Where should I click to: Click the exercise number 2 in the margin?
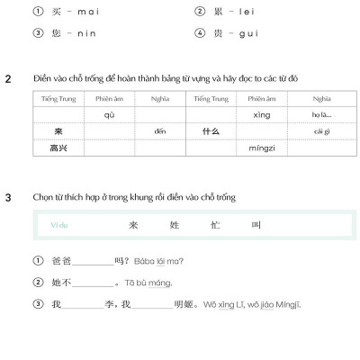point(8,77)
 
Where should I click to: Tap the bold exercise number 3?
point(8,196)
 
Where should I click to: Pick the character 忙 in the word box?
point(215,225)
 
